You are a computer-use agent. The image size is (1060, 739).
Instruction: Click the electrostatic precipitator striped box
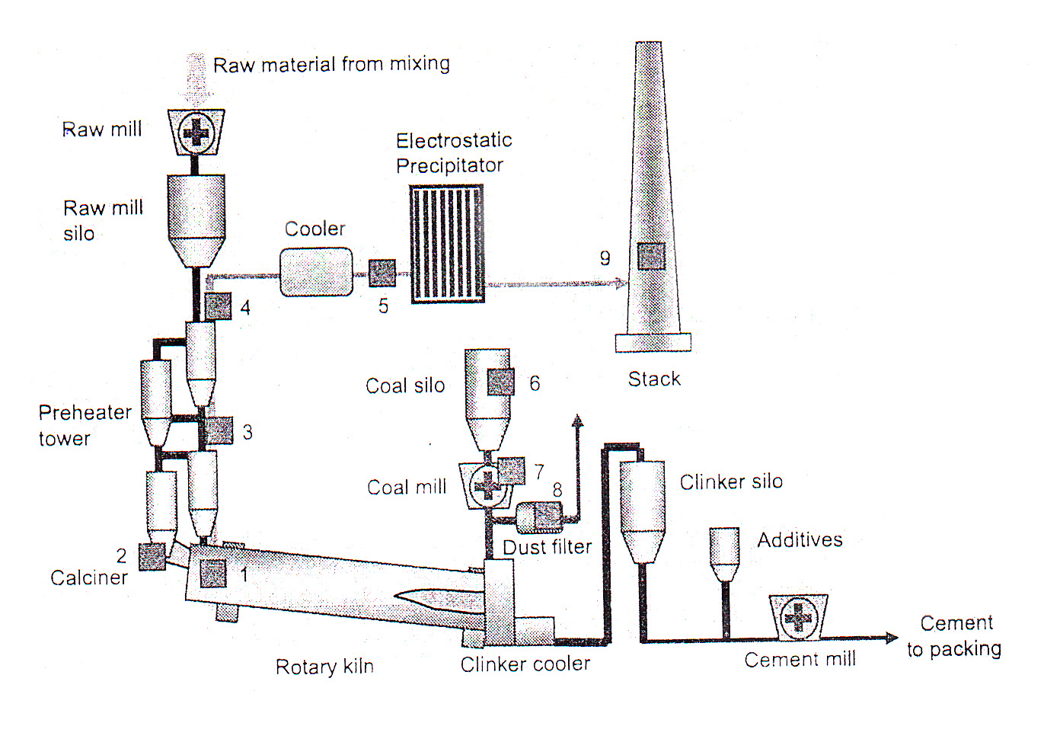pos(447,244)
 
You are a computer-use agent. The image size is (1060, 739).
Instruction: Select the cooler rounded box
pos(316,272)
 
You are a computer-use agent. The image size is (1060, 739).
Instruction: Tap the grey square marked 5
pos(382,273)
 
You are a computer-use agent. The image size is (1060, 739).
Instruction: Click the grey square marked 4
pos(218,306)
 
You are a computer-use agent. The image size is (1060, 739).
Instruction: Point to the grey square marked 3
pos(219,430)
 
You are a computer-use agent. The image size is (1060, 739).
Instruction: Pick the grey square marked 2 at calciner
pos(152,556)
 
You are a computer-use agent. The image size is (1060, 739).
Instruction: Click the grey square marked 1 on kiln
pos(213,573)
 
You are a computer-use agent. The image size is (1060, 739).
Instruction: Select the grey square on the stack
pos(651,256)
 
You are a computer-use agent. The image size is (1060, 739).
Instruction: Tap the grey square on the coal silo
pos(500,382)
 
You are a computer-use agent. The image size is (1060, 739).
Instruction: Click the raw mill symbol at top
pos(196,133)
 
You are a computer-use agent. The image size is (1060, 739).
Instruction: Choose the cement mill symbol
pos(798,616)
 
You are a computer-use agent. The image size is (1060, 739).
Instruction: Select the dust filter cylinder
pos(539,518)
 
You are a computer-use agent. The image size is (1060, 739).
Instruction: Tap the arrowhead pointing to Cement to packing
pos(892,638)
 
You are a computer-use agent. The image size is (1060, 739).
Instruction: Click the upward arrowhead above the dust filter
pos(578,420)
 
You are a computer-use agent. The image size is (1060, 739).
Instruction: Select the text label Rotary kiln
pos(324,667)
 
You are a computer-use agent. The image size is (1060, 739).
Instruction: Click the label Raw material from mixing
pos(331,64)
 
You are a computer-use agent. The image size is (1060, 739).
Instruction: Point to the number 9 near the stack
pos(605,258)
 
